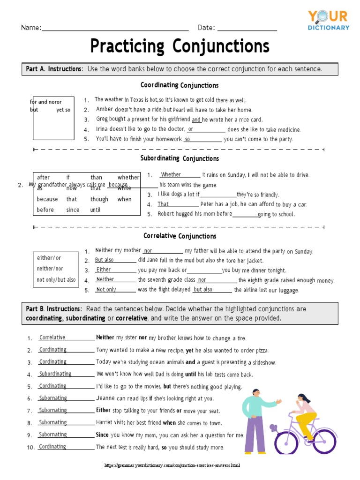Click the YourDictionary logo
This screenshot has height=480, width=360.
tap(328, 21)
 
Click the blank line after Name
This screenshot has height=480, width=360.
tap(115, 29)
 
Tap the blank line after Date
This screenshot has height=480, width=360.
tap(247, 29)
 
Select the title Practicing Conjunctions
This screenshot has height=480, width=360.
tap(180, 46)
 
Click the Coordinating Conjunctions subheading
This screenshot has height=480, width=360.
tap(180, 85)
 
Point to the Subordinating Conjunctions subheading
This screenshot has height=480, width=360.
tap(180, 158)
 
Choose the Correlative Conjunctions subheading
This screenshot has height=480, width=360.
tap(180, 236)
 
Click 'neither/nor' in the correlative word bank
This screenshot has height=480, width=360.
tap(50, 269)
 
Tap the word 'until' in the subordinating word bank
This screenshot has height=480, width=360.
tap(96, 210)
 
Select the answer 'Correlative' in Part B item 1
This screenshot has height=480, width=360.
tap(52, 337)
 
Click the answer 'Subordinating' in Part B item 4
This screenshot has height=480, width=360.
tap(55, 374)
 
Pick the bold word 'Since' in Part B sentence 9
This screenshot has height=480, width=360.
tap(102, 435)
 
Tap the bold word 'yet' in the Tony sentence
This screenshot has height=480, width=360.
tap(189, 350)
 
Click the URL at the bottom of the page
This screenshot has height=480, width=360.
tap(172, 466)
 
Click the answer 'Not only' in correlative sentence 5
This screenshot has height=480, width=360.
tap(106, 290)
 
